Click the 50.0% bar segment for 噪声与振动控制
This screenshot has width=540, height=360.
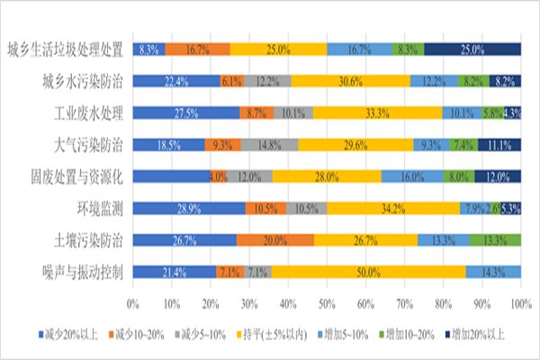point(369,272)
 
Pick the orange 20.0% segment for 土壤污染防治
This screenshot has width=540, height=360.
point(274,240)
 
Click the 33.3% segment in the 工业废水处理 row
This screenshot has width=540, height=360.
point(377,113)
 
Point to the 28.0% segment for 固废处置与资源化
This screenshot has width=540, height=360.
point(327,177)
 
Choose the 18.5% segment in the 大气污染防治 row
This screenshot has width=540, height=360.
point(168,144)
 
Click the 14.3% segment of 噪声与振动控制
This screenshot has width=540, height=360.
point(493,272)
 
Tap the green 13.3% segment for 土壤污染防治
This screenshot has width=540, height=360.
point(495,240)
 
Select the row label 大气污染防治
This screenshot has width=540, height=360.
point(88,144)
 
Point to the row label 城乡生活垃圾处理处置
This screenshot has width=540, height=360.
point(63,49)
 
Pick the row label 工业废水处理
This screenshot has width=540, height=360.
point(88,113)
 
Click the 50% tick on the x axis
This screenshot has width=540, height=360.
point(327,301)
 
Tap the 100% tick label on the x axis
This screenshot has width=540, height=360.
point(521,301)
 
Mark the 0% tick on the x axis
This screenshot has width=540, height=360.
point(133,301)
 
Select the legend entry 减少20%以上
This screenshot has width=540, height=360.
point(72,335)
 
